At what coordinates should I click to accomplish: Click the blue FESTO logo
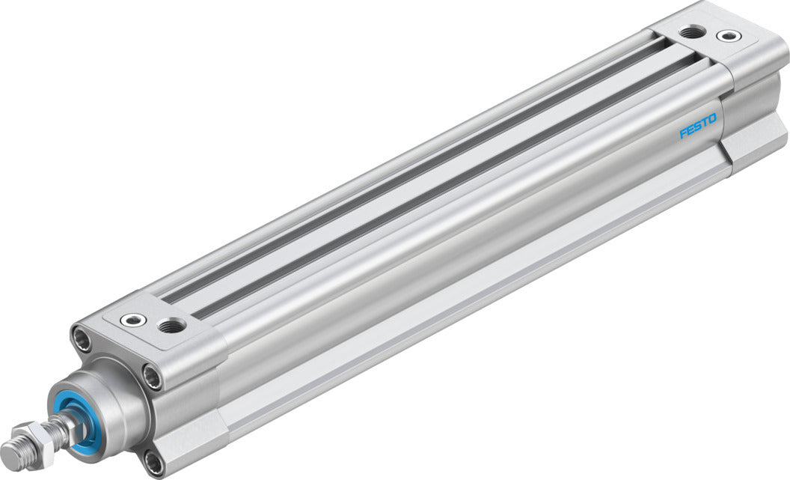pyautogui.click(x=697, y=125)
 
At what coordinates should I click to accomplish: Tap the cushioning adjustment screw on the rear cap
pyautogui.click(x=726, y=36)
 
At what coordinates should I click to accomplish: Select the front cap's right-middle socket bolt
pyautogui.click(x=153, y=377)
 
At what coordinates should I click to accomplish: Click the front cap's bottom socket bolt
pyautogui.click(x=153, y=463)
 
